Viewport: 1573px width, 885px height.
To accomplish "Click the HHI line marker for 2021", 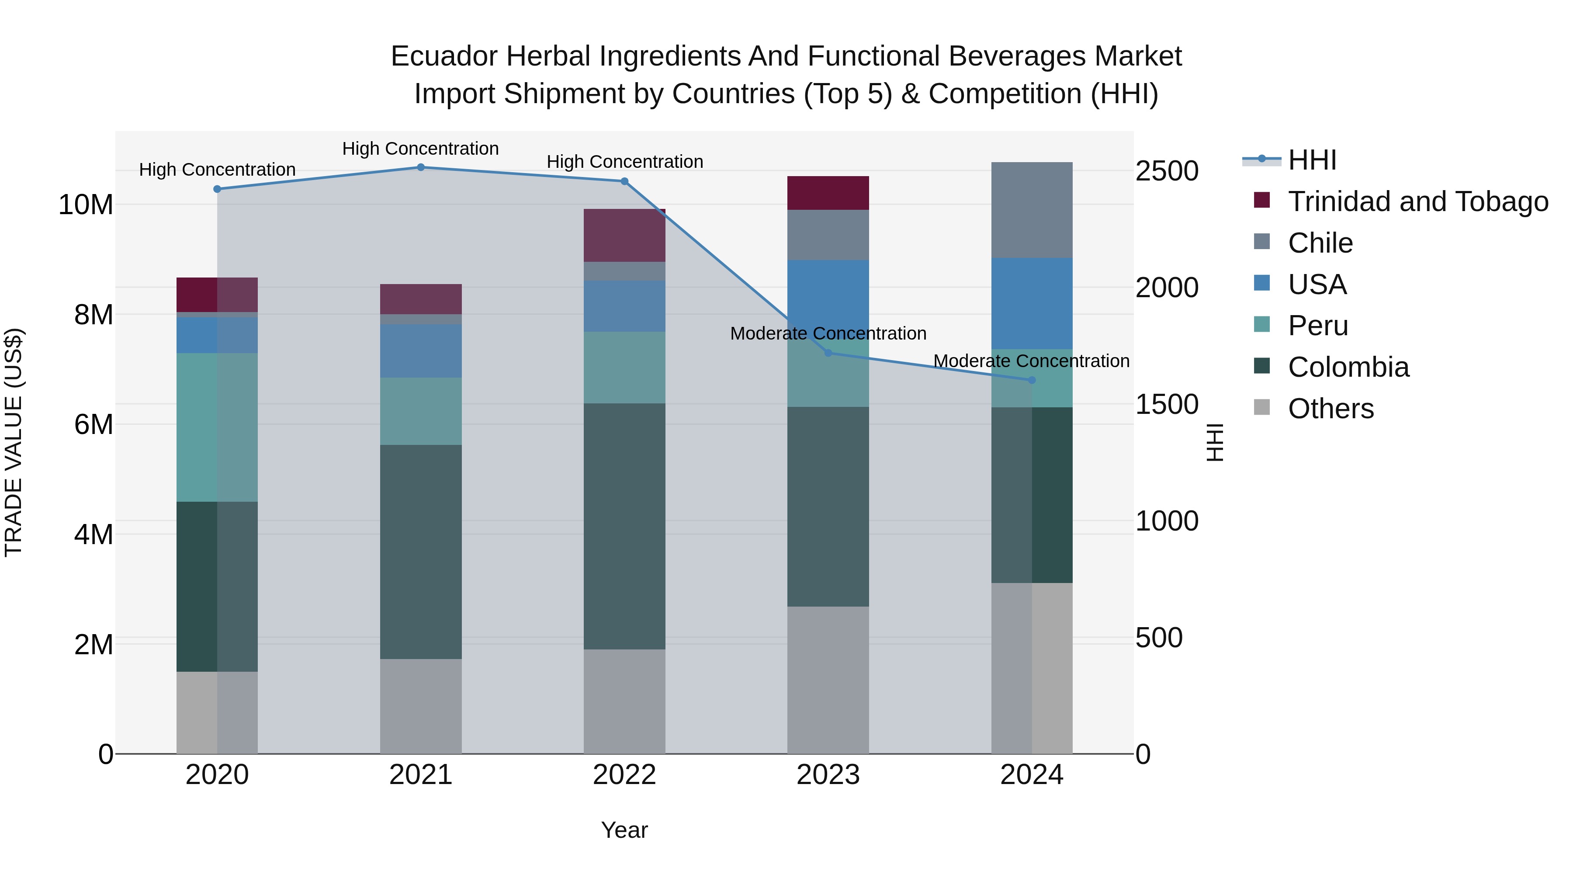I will (421, 167).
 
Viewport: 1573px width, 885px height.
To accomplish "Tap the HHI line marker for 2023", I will (828, 353).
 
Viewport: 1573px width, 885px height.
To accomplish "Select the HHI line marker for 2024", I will (1032, 380).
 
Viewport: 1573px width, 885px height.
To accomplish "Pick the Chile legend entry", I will (1320, 243).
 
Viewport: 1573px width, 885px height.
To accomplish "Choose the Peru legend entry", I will (1318, 326).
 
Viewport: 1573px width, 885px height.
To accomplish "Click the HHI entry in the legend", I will (1312, 160).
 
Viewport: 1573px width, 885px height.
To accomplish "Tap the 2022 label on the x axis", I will (624, 775).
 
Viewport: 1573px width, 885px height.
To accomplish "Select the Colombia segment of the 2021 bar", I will (421, 552).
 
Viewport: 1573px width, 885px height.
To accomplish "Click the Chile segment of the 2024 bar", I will (1032, 210).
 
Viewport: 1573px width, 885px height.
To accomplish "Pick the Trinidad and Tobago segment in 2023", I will (828, 193).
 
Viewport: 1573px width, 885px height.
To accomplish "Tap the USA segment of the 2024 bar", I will (1032, 304).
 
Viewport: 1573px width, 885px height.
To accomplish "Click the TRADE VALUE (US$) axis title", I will (14, 442).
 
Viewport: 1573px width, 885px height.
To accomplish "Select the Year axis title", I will (624, 830).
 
